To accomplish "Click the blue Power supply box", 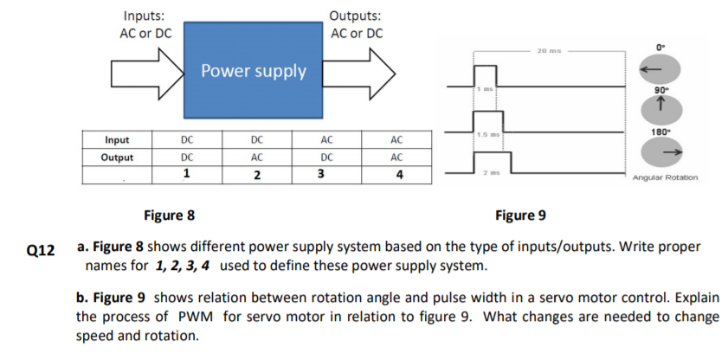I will coord(253,71).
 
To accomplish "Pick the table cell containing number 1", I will coord(186,174).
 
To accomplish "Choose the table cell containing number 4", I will coord(397,174).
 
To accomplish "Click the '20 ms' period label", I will coord(550,50).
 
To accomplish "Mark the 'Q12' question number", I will coord(41,249).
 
